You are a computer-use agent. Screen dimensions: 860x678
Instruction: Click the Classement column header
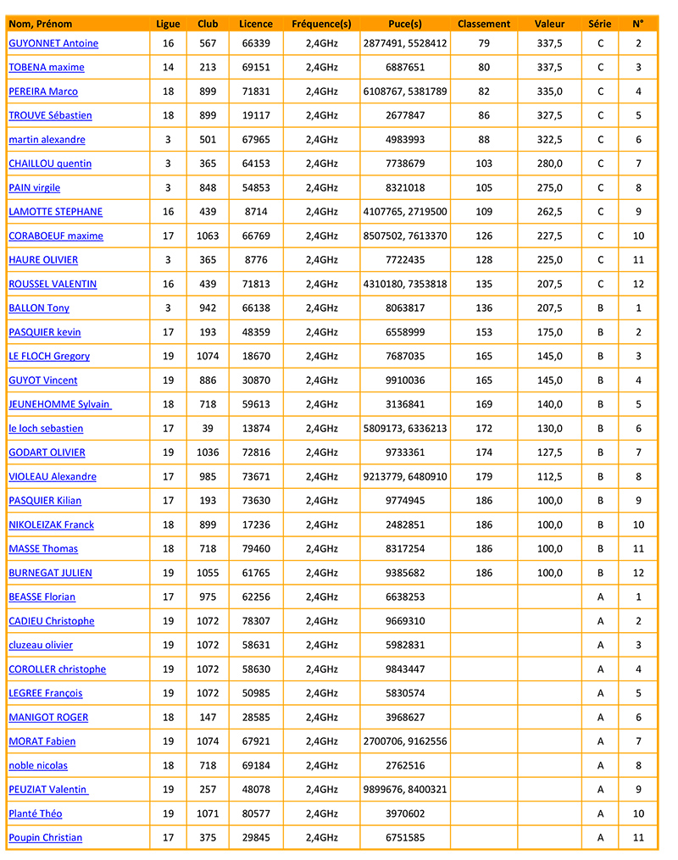click(x=483, y=24)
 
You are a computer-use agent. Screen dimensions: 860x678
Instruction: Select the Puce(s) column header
click(x=404, y=24)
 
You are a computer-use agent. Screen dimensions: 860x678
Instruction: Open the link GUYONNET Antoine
click(x=53, y=43)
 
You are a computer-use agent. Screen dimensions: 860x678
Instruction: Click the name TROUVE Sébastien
click(x=50, y=115)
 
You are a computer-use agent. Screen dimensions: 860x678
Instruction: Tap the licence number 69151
click(x=255, y=67)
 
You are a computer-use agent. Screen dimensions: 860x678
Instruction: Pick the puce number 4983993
click(x=404, y=140)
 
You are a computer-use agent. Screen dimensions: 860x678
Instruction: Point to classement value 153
click(x=483, y=332)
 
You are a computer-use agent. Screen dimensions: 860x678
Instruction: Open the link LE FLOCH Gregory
click(x=48, y=356)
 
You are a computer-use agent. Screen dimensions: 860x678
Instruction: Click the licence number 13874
click(x=255, y=429)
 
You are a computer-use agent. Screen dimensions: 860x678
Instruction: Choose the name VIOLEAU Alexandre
click(x=52, y=477)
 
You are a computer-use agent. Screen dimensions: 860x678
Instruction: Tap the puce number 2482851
click(x=404, y=525)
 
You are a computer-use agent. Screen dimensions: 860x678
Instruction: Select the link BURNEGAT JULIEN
click(x=50, y=573)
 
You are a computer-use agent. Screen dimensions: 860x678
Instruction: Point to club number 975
click(x=208, y=597)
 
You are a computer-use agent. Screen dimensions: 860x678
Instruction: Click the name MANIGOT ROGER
click(x=48, y=718)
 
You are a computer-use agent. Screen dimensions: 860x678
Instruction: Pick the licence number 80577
click(x=255, y=813)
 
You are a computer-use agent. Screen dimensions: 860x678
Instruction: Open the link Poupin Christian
click(x=45, y=838)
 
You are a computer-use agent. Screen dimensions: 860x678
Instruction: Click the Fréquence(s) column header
click(x=321, y=24)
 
